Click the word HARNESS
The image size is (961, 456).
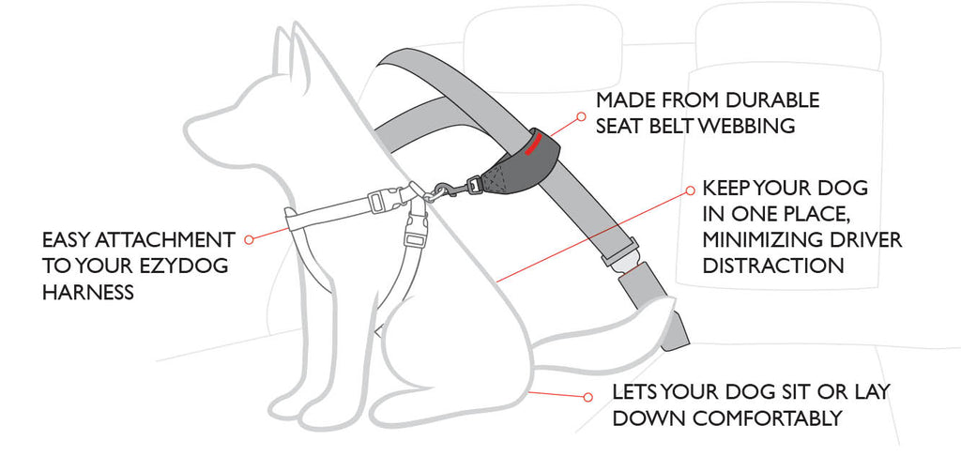[88, 293]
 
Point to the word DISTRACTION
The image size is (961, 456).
[773, 266]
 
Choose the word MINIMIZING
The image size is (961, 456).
[755, 240]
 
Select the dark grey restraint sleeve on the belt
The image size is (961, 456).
[522, 165]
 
